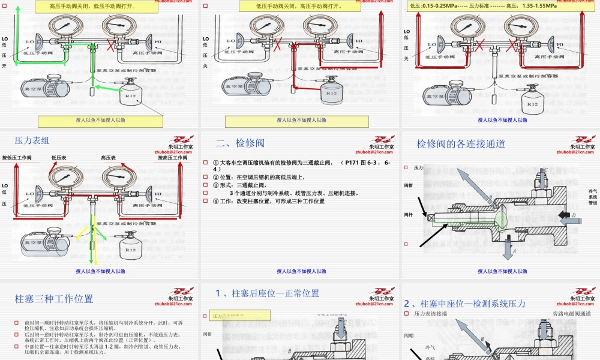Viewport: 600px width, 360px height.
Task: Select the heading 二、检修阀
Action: tap(240, 143)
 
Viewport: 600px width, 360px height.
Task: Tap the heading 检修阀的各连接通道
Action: tap(461, 144)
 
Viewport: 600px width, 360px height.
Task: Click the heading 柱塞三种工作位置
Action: tap(54, 298)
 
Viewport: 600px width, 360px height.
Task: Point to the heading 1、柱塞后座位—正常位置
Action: tap(268, 293)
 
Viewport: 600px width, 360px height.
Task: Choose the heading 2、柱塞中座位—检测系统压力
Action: tap(465, 304)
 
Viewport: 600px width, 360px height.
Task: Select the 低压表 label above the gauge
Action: tap(59, 158)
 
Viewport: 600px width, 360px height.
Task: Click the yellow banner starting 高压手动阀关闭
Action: tap(100, 7)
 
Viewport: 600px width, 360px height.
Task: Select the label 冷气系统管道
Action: tap(593, 197)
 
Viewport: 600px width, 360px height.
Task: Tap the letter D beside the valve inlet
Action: tap(574, 214)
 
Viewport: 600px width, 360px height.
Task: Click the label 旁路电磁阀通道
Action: tap(571, 314)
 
